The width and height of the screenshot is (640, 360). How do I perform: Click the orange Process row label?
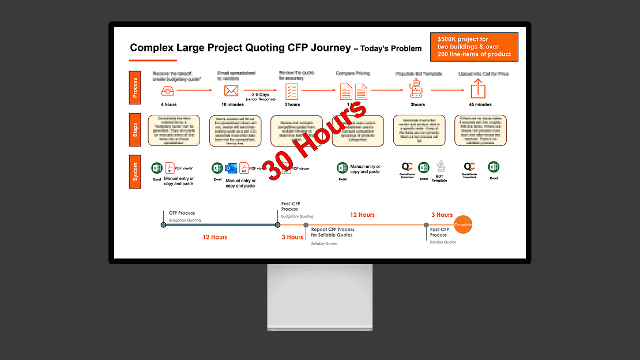click(135, 87)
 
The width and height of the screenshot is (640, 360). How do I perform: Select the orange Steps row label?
click(135, 130)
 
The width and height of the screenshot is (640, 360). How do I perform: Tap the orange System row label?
click(135, 171)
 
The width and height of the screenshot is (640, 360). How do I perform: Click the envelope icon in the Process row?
click(231, 91)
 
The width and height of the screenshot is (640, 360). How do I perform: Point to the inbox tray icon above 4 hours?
click(168, 91)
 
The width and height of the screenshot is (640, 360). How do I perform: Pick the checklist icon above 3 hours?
click(292, 91)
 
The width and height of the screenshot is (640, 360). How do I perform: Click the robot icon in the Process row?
click(416, 90)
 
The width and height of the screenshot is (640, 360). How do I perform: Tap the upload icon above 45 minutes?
click(478, 89)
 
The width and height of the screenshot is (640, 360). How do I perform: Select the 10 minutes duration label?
click(232, 105)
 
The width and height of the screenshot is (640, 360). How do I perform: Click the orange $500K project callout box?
click(474, 47)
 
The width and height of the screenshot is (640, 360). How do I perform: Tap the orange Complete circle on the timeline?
click(462, 224)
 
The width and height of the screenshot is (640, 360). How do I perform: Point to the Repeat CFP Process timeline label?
click(333, 232)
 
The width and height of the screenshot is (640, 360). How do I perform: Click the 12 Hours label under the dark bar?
click(214, 237)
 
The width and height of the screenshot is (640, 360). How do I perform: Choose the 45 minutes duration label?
click(480, 105)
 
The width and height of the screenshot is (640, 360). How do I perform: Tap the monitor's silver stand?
click(319, 297)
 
